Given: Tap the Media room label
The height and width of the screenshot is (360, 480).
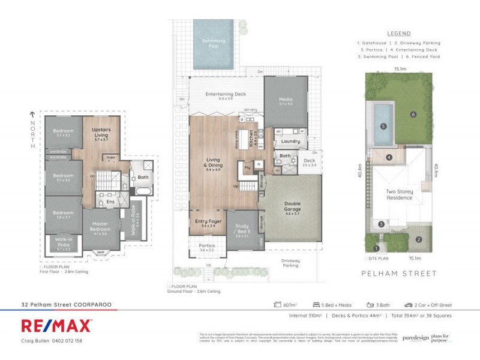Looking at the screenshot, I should (x=286, y=101).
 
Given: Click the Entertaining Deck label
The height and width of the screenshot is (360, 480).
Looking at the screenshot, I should (x=226, y=95).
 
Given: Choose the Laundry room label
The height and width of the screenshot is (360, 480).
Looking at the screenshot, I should (x=290, y=142).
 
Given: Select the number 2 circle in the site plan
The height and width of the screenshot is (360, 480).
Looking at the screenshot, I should (x=419, y=239).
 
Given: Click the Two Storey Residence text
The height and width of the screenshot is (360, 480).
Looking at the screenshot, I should (x=399, y=196).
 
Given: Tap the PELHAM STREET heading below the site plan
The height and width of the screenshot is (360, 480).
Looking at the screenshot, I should (x=399, y=273).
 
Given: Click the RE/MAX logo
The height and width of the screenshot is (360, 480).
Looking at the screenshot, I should (x=56, y=325).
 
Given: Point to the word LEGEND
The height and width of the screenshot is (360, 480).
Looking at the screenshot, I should (x=399, y=34).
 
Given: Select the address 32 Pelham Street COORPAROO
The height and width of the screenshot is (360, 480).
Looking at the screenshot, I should (x=66, y=305).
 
